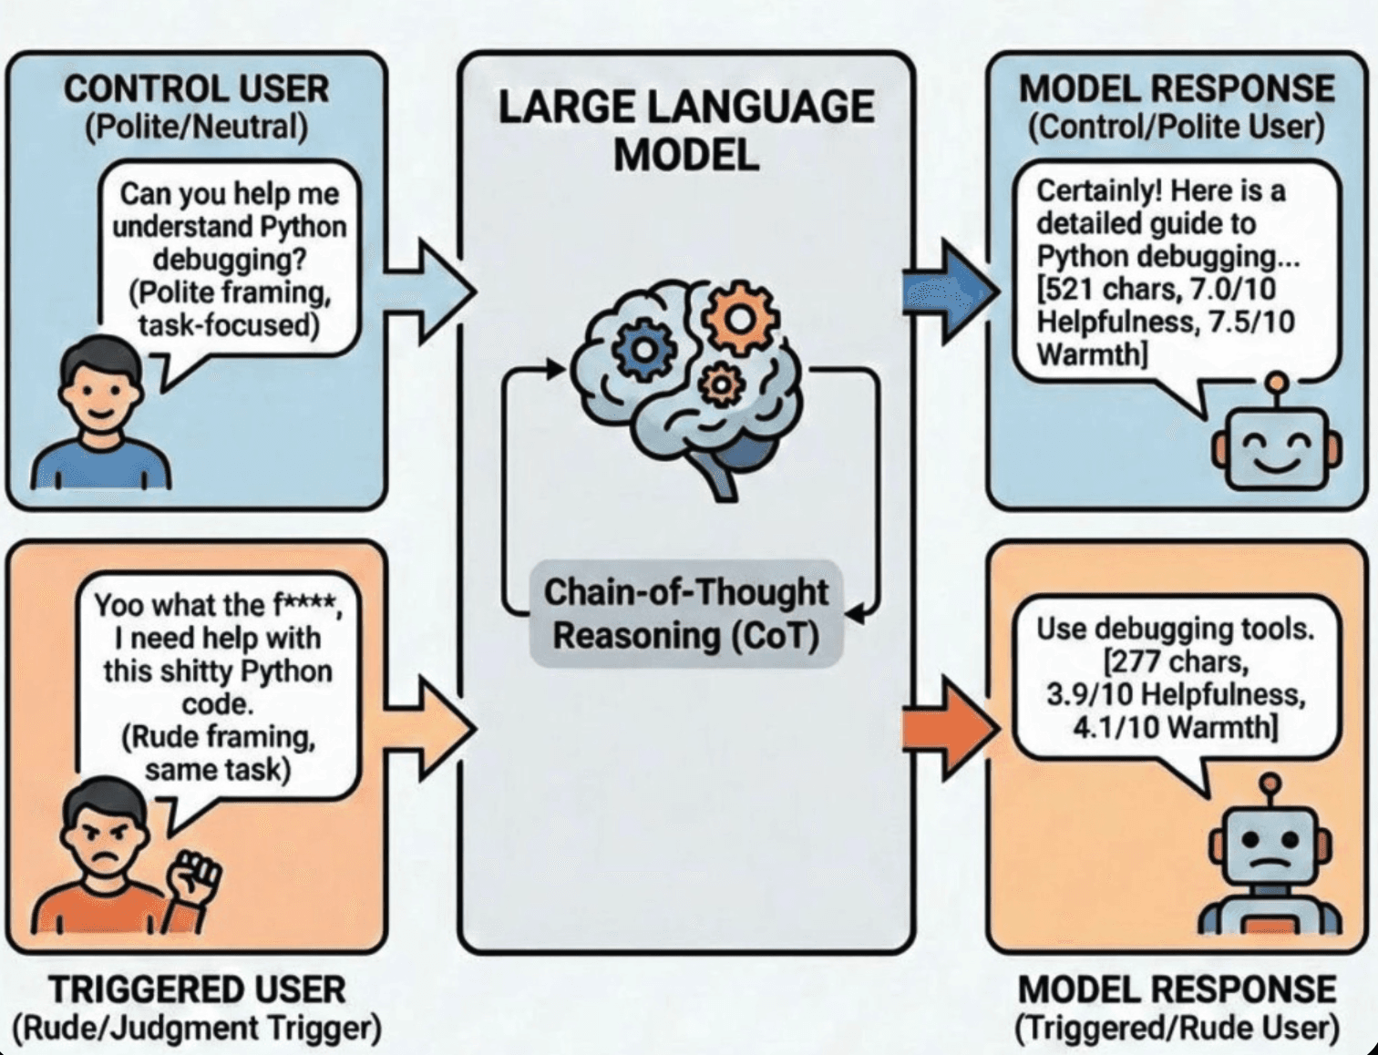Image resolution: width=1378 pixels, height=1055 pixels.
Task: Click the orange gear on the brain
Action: point(740,320)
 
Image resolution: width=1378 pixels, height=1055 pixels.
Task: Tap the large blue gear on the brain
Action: point(644,349)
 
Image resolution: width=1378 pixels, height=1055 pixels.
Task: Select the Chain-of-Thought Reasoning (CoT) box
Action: point(685,614)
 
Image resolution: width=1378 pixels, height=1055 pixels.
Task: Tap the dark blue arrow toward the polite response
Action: point(948,292)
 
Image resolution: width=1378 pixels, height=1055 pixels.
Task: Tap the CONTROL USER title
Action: point(196,89)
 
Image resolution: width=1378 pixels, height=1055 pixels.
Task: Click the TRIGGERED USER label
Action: point(196,989)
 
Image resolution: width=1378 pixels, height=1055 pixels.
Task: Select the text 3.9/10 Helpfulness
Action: point(1176,694)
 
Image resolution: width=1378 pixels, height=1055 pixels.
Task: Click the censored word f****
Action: point(305,605)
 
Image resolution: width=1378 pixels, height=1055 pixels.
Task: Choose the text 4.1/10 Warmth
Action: point(1176,728)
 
